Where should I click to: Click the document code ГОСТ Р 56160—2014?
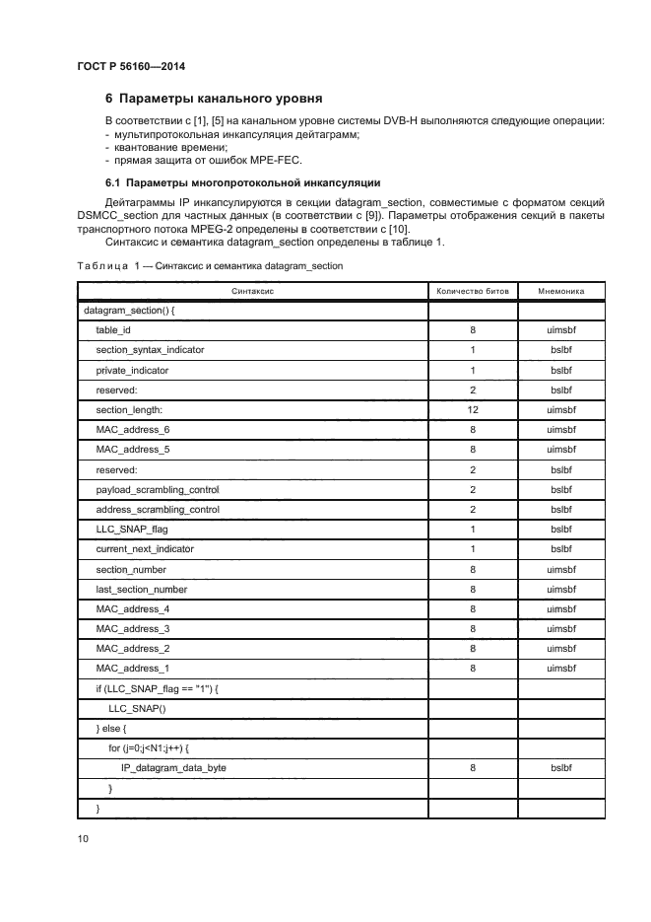pyautogui.click(x=130, y=66)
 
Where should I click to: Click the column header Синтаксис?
pyautogui.click(x=252, y=292)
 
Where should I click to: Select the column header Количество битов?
pyautogui.click(x=473, y=292)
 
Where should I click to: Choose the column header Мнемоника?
pyautogui.click(x=561, y=292)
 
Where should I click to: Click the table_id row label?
pyautogui.click(x=113, y=330)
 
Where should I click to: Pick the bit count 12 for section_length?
pyautogui.click(x=473, y=409)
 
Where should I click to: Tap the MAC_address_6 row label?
pyautogui.click(x=133, y=429)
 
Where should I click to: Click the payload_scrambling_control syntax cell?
pyautogui.click(x=158, y=489)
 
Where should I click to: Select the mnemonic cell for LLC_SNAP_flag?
pyautogui.click(x=561, y=529)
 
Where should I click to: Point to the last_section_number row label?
pyautogui.click(x=142, y=589)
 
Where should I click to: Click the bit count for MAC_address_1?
pyautogui.click(x=473, y=668)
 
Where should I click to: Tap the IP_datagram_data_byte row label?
pyautogui.click(x=173, y=767)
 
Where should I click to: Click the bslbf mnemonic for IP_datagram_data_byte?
pyautogui.click(x=561, y=767)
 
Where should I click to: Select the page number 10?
pyautogui.click(x=83, y=838)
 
